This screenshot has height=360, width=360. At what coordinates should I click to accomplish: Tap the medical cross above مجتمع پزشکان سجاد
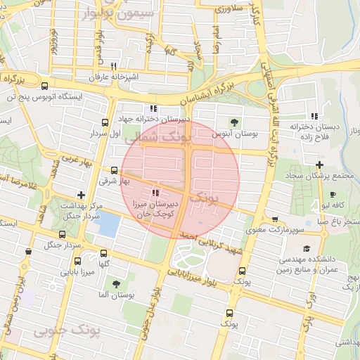[319, 164]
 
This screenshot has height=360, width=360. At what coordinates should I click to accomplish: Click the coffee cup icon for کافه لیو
[333, 195]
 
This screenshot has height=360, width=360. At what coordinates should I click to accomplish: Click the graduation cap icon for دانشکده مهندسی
[307, 249]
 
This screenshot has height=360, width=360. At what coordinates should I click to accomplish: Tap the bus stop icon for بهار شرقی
[115, 170]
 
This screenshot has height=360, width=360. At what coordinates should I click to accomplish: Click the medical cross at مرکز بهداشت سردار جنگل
[82, 195]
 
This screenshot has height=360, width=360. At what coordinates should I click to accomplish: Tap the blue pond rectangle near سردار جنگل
[109, 224]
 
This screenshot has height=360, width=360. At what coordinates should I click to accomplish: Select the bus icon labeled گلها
[104, 253]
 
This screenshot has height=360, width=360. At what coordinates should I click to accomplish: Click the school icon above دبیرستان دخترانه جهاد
[153, 109]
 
